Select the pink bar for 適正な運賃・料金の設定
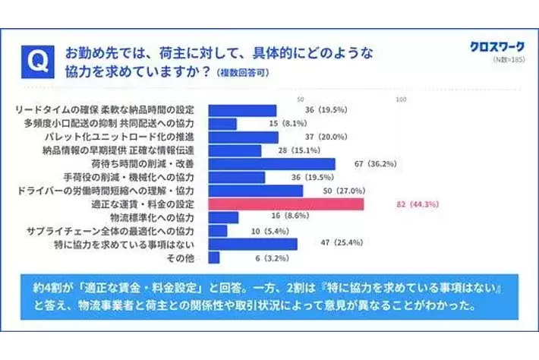click(x=285, y=204)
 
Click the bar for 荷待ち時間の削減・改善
click(x=271, y=163)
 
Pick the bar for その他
click(x=213, y=258)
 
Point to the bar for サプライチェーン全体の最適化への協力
click(x=217, y=230)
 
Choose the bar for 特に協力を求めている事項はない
click(x=252, y=245)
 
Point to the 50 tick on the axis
click(x=301, y=100)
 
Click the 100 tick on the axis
click(x=402, y=100)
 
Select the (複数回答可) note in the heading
click(x=243, y=74)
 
